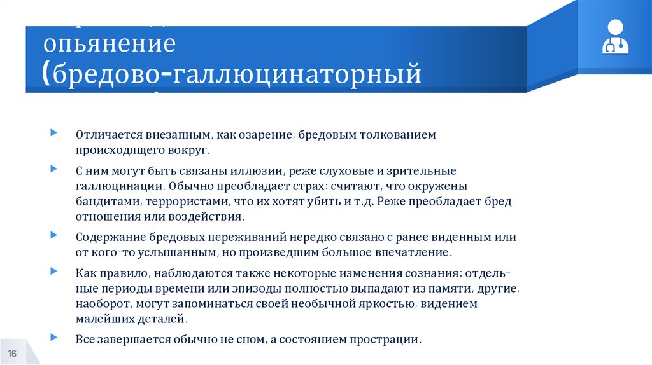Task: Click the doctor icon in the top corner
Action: tap(615, 38)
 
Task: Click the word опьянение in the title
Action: tap(109, 45)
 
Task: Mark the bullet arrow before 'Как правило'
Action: tap(54, 270)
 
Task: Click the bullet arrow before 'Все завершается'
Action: tap(54, 336)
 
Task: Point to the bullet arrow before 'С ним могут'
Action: tap(54, 169)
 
